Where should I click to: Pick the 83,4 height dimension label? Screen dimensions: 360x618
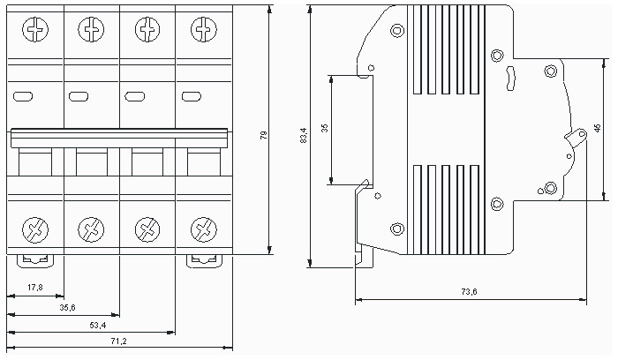[304, 135]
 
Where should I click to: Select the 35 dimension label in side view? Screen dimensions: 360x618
[325, 129]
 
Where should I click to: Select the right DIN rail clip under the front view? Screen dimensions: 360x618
[201, 260]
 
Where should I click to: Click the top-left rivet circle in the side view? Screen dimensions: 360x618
[396, 31]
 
